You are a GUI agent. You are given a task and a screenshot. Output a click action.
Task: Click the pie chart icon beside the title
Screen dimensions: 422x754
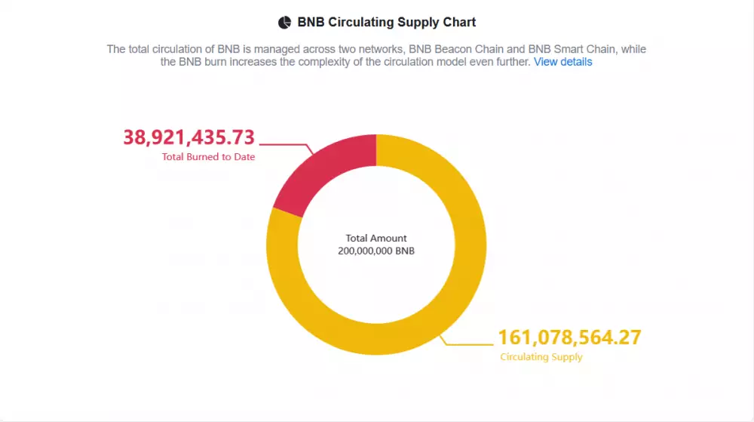[284, 23]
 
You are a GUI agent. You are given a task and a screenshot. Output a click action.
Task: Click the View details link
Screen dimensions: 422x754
[562, 62]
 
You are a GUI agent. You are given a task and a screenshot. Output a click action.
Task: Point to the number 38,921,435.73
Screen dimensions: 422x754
[189, 137]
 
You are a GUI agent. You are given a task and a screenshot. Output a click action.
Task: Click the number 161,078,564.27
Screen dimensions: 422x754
[569, 337]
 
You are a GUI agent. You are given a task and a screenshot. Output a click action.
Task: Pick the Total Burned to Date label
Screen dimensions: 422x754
[208, 157]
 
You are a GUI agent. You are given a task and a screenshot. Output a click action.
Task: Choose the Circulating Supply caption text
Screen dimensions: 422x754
[541, 357]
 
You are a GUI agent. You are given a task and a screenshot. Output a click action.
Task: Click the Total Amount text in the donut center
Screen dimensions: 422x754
[376, 239]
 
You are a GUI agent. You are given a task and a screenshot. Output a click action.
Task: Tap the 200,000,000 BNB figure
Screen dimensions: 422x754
[376, 251]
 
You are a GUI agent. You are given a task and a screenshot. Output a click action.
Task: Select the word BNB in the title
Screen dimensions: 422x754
[311, 23]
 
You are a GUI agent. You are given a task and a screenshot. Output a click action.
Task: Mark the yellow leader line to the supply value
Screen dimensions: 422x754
[467, 344]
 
